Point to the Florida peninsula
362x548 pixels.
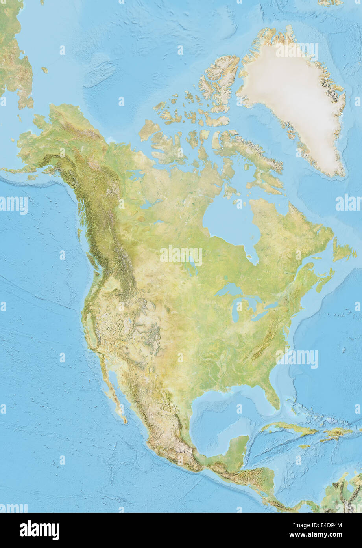pyautogui.click(x=271, y=394)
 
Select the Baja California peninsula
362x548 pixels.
pyautogui.click(x=112, y=388)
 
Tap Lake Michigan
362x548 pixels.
pyautogui.click(x=235, y=311)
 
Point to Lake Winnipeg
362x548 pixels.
pyautogui.click(x=190, y=268)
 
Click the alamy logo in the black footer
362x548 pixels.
pyautogui.click(x=39, y=530)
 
